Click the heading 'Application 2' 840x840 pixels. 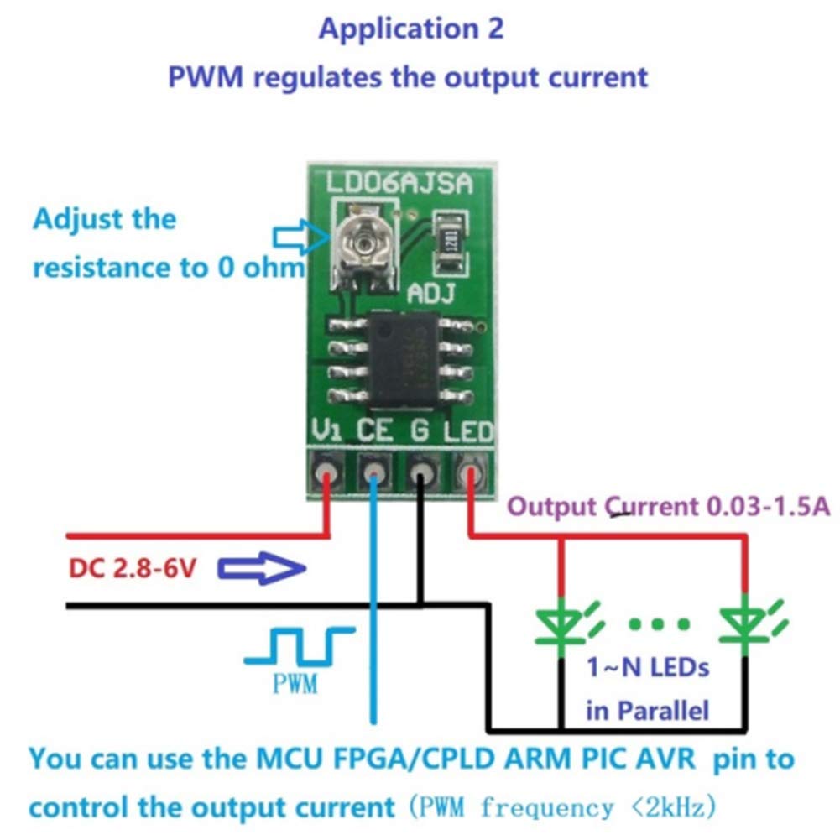coord(411,29)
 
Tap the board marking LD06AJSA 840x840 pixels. coord(398,183)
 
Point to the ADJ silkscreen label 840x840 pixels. coord(430,293)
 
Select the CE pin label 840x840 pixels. coord(375,431)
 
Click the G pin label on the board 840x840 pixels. coord(420,431)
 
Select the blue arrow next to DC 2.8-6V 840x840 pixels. coord(261,570)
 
